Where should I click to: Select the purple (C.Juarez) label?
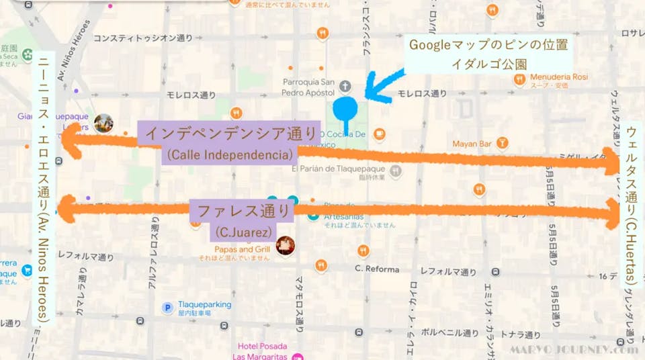pyautogui.click(x=243, y=233)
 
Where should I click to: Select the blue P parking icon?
pyautogui.click(x=167, y=308)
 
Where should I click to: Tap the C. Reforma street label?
pyautogui.click(x=376, y=269)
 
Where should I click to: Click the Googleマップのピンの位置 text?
pyautogui.click(x=488, y=46)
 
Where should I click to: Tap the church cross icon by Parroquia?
pyautogui.click(x=345, y=85)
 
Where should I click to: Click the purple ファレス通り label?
pyautogui.click(x=243, y=210)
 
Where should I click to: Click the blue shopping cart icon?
pyautogui.click(x=27, y=271)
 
